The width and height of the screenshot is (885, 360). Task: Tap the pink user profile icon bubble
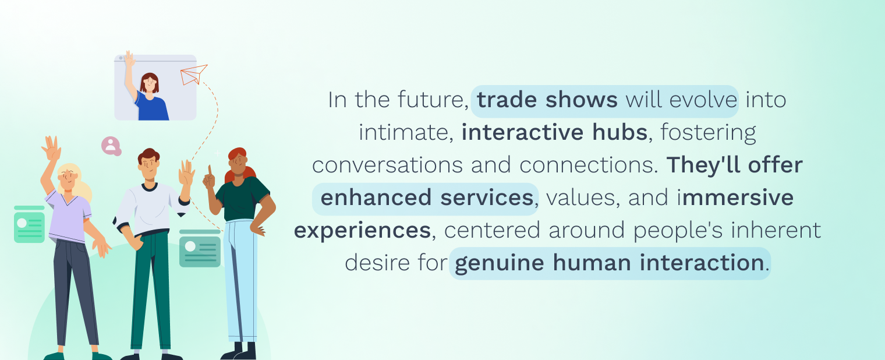click(x=111, y=146)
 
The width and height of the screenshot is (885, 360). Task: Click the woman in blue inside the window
click(x=147, y=91)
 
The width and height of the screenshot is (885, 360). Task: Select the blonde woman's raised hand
click(x=52, y=148)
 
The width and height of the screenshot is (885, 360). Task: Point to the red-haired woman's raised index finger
click(x=210, y=171)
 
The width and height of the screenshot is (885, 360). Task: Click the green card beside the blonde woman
click(x=29, y=224)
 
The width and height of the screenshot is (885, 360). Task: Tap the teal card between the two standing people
click(x=200, y=248)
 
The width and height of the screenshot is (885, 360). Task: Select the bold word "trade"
click(x=507, y=100)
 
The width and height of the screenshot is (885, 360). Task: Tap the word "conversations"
click(x=387, y=165)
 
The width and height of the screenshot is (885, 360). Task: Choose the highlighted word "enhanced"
click(x=376, y=197)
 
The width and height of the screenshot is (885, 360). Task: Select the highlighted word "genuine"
click(x=500, y=263)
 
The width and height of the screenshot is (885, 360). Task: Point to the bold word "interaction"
click(x=702, y=263)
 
